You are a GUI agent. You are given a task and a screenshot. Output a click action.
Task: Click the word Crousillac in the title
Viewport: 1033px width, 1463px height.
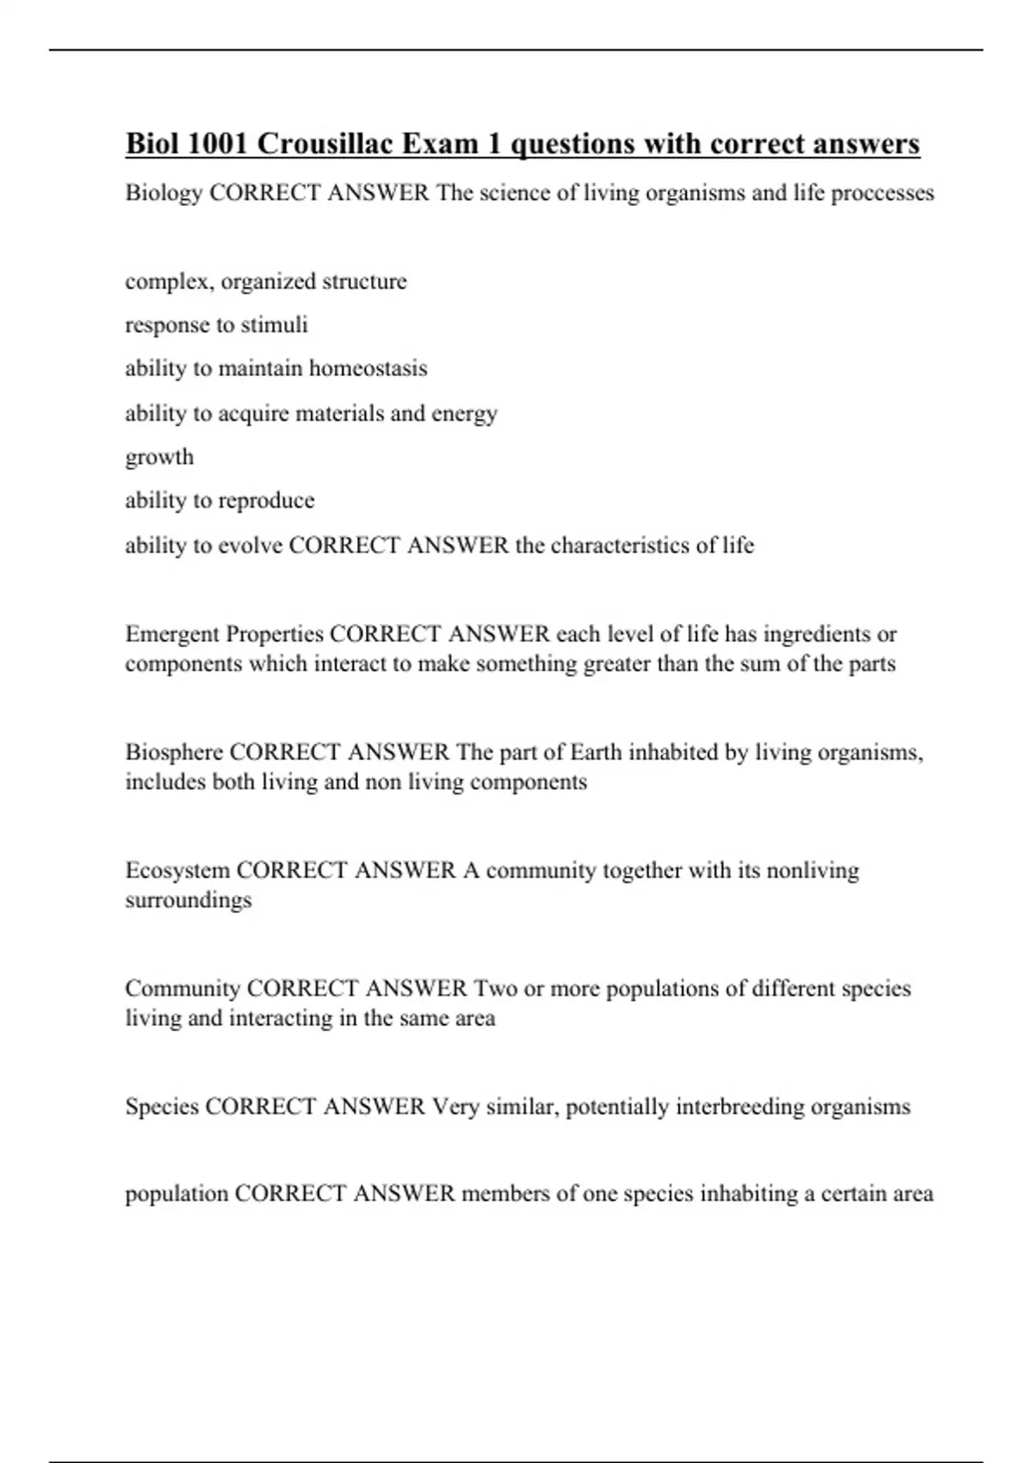click(320, 144)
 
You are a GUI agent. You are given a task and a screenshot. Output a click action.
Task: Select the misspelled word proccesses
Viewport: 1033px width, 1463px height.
click(882, 193)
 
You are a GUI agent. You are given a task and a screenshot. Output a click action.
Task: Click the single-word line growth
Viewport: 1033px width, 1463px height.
click(159, 458)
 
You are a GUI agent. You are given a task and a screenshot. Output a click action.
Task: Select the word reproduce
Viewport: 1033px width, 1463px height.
click(267, 501)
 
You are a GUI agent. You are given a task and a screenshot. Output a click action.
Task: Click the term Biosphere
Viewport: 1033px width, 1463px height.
click(175, 752)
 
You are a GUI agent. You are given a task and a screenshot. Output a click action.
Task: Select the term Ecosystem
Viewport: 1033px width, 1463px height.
click(177, 870)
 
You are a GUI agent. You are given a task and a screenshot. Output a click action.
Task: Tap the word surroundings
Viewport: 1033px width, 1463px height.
click(189, 900)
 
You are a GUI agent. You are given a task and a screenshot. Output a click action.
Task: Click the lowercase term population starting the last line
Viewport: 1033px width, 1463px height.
click(176, 1194)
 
